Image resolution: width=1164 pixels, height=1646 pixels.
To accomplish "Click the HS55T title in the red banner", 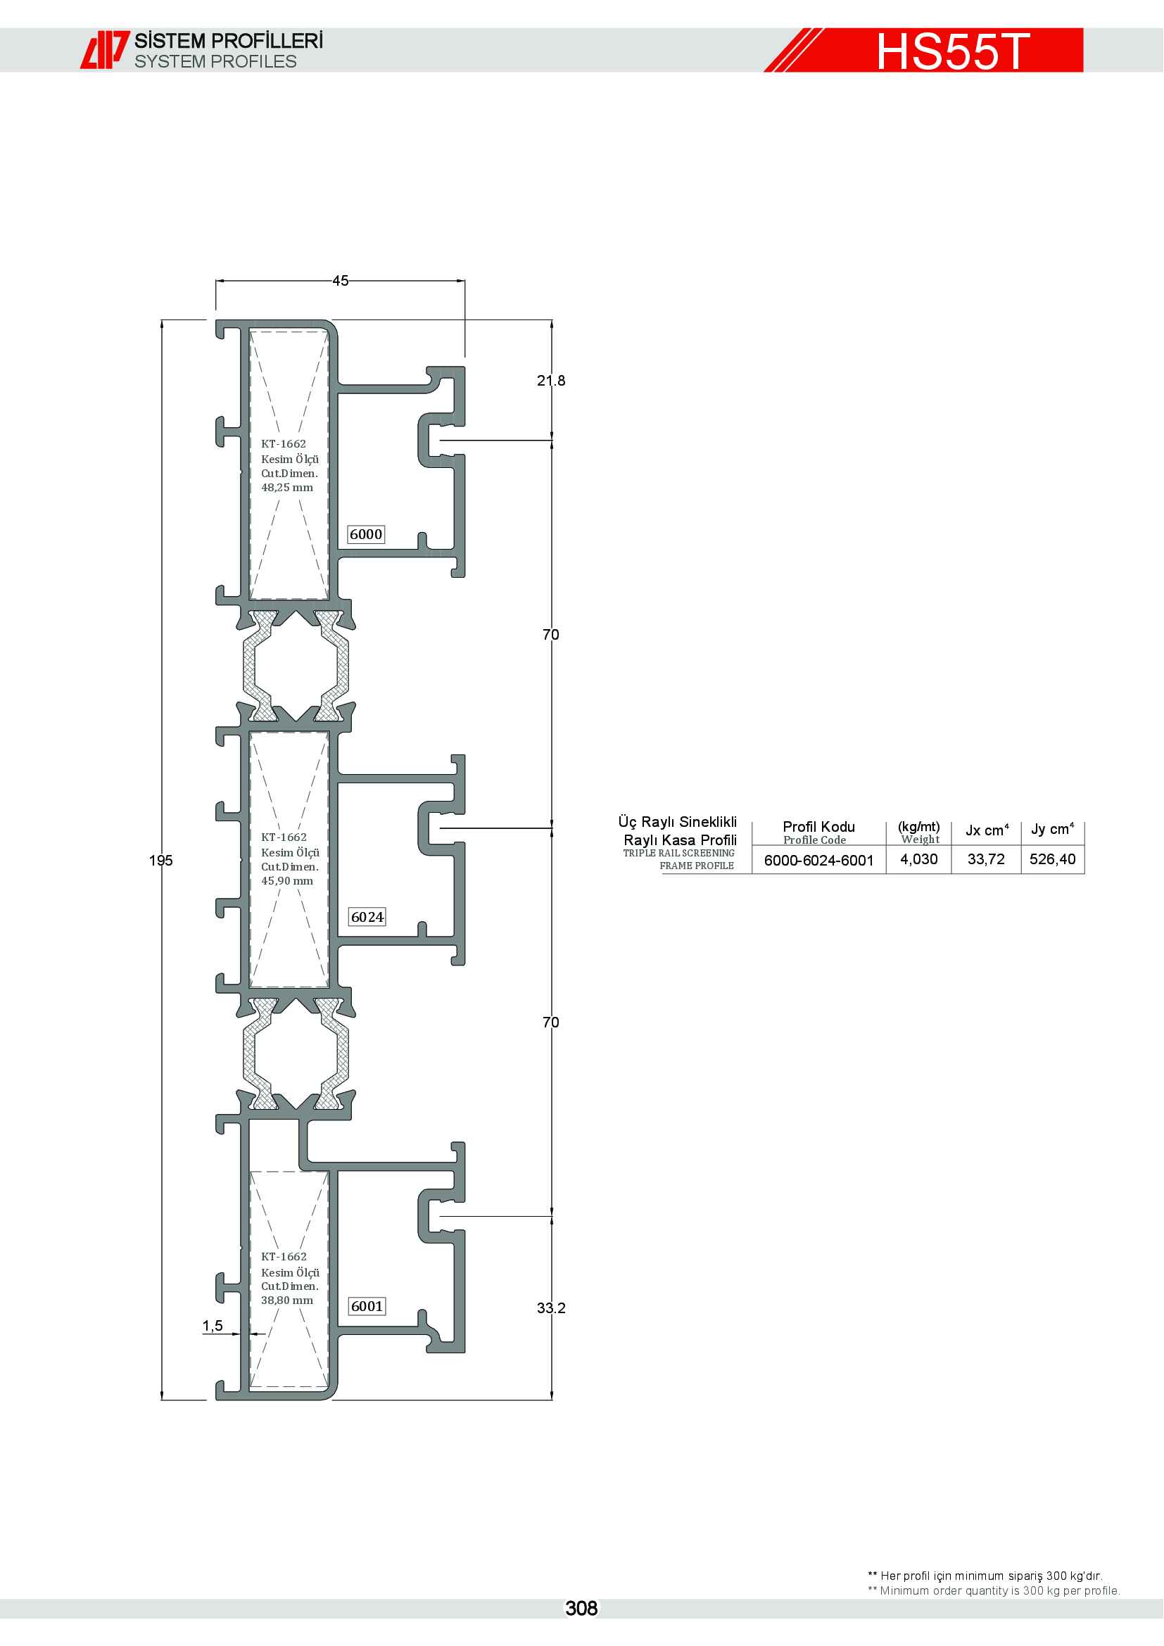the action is pyautogui.click(x=953, y=51).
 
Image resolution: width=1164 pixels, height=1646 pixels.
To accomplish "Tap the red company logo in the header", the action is pyautogui.click(x=104, y=50).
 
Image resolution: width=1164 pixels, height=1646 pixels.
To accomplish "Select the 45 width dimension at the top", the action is pyautogui.click(x=341, y=281).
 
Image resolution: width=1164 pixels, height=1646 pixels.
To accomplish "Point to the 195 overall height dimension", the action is pyautogui.click(x=161, y=860).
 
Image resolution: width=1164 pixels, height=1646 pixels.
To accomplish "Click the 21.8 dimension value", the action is pyautogui.click(x=551, y=381).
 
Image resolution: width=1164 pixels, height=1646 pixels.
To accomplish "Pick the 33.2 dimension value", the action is pyautogui.click(x=551, y=1308).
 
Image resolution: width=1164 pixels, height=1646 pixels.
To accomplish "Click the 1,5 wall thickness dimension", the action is pyautogui.click(x=213, y=1327).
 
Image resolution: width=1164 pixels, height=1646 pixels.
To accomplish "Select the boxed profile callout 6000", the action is pyautogui.click(x=366, y=534).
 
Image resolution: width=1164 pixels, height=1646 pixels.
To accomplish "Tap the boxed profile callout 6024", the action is pyautogui.click(x=367, y=917).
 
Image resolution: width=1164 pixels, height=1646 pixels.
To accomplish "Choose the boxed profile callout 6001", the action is pyautogui.click(x=367, y=1306).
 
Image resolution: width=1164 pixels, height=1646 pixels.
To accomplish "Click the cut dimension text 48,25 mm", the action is pyautogui.click(x=286, y=488).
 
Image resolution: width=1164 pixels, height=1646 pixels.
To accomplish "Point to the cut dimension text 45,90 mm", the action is pyautogui.click(x=286, y=881).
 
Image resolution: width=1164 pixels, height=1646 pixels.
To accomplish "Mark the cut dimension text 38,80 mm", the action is pyautogui.click(x=286, y=1300).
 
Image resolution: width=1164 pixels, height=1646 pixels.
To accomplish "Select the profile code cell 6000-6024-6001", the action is pyautogui.click(x=818, y=860).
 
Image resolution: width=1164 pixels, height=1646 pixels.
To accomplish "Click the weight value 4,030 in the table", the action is pyautogui.click(x=919, y=859).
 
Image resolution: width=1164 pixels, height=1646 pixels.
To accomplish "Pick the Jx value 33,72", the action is pyautogui.click(x=986, y=859).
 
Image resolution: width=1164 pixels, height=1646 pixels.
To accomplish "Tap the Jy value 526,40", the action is pyautogui.click(x=1052, y=859).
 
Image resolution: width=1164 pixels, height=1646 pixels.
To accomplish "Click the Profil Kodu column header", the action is pyautogui.click(x=818, y=827).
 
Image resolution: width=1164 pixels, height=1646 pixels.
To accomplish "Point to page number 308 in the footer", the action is pyautogui.click(x=581, y=1609).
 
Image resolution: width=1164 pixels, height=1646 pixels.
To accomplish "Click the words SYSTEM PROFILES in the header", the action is pyautogui.click(x=216, y=62).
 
